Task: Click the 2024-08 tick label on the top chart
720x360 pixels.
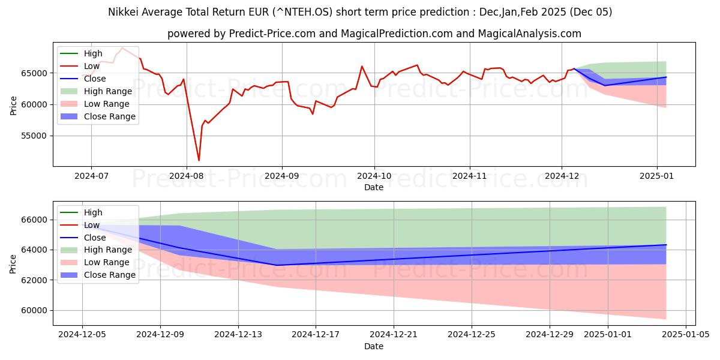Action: click(x=185, y=176)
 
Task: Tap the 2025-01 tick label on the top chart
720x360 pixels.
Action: click(x=657, y=176)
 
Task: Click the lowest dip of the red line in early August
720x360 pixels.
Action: click(x=199, y=160)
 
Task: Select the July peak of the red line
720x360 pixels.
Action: click(x=122, y=48)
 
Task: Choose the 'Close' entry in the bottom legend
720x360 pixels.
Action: click(x=95, y=238)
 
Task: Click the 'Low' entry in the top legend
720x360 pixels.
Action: click(x=92, y=66)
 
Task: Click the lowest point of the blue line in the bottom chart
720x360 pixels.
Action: click(x=277, y=265)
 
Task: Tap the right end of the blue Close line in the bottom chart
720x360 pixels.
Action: click(x=666, y=245)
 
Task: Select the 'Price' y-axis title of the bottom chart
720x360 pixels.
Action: click(x=13, y=263)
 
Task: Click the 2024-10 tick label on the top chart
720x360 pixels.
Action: click(x=374, y=176)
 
